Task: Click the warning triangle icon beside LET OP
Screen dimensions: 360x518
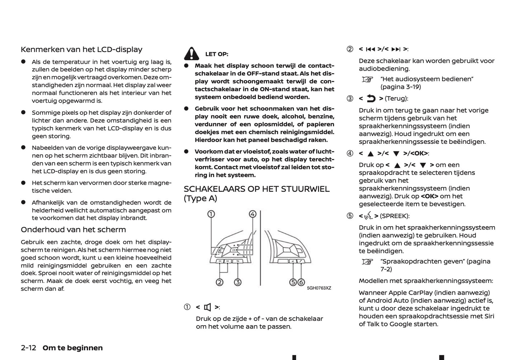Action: [191, 54]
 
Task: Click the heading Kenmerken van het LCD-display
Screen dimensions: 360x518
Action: [81, 49]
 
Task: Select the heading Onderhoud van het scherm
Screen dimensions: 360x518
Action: [73, 229]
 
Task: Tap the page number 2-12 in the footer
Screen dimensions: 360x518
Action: [29, 348]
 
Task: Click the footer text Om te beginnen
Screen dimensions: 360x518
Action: [72, 348]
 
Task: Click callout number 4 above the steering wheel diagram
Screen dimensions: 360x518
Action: [253, 214]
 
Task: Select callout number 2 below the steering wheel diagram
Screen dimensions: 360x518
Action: [219, 282]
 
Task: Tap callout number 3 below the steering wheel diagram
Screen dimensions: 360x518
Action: [237, 282]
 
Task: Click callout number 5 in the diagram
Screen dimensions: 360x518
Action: [293, 282]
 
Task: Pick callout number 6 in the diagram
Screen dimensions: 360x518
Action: [301, 282]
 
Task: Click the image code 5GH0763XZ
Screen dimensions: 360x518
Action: [319, 288]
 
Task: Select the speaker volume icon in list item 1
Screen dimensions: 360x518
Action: [208, 307]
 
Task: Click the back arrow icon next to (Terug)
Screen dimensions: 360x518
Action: [371, 99]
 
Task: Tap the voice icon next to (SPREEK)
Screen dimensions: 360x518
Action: [369, 216]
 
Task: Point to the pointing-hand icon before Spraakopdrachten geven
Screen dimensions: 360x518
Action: [367, 262]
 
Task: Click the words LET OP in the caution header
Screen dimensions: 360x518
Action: [217, 54]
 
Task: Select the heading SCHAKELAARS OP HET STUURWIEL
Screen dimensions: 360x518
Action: [256, 189]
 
